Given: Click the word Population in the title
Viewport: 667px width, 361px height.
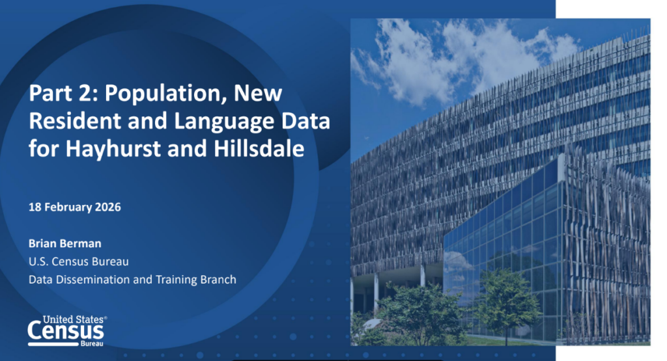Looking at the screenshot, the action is pyautogui.click(x=166, y=94).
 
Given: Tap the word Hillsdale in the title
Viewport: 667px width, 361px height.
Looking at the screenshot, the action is pyautogui.click(x=259, y=148).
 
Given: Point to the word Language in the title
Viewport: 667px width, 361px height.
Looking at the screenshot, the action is pyautogui.click(x=225, y=122).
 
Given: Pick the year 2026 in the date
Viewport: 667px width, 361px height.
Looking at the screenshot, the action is pyautogui.click(x=107, y=207).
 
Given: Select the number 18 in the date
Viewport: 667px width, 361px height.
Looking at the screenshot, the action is pyautogui.click(x=35, y=207).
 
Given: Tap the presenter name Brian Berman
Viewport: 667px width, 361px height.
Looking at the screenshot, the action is pyautogui.click(x=65, y=243).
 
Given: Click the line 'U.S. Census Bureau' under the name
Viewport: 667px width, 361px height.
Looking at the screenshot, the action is pyautogui.click(x=79, y=261).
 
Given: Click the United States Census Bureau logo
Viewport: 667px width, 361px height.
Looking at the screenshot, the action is pyautogui.click(x=67, y=331).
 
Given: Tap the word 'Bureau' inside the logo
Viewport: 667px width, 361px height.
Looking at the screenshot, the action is pyautogui.click(x=92, y=343).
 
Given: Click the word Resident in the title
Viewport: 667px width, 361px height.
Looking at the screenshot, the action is pyautogui.click(x=76, y=120).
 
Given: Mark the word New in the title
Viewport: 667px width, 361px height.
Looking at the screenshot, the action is pyautogui.click(x=258, y=93).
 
